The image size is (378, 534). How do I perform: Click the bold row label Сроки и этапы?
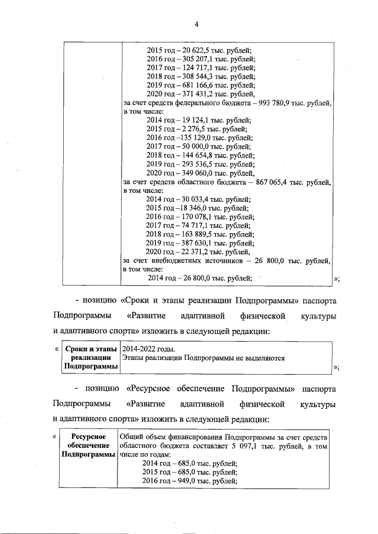[x=90, y=349]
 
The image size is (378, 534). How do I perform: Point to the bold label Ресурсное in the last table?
[x=87, y=437]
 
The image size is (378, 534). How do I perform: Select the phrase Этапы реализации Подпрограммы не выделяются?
[x=203, y=358]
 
